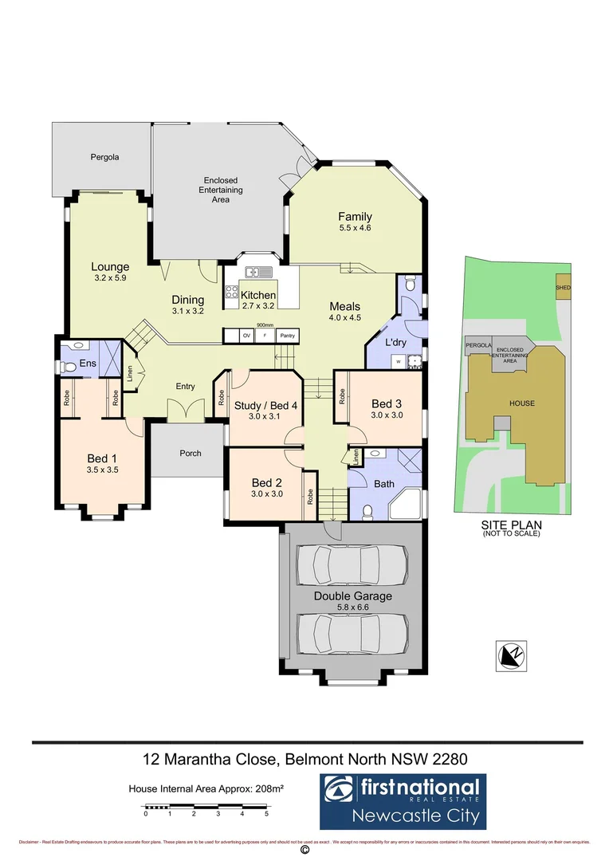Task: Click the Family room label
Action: [x=355, y=217]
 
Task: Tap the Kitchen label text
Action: [x=257, y=296]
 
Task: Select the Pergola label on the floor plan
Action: [x=104, y=158]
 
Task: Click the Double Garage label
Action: [x=352, y=596]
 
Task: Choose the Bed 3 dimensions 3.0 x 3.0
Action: [x=388, y=415]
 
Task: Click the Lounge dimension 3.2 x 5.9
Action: [x=110, y=278]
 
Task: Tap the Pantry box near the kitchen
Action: [x=288, y=336]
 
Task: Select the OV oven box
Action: [x=246, y=336]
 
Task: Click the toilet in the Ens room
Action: [x=69, y=367]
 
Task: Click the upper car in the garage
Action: [x=352, y=565]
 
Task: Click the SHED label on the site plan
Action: [x=564, y=288]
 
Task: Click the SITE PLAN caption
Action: [x=511, y=525]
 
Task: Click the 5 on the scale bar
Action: [x=266, y=814]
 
